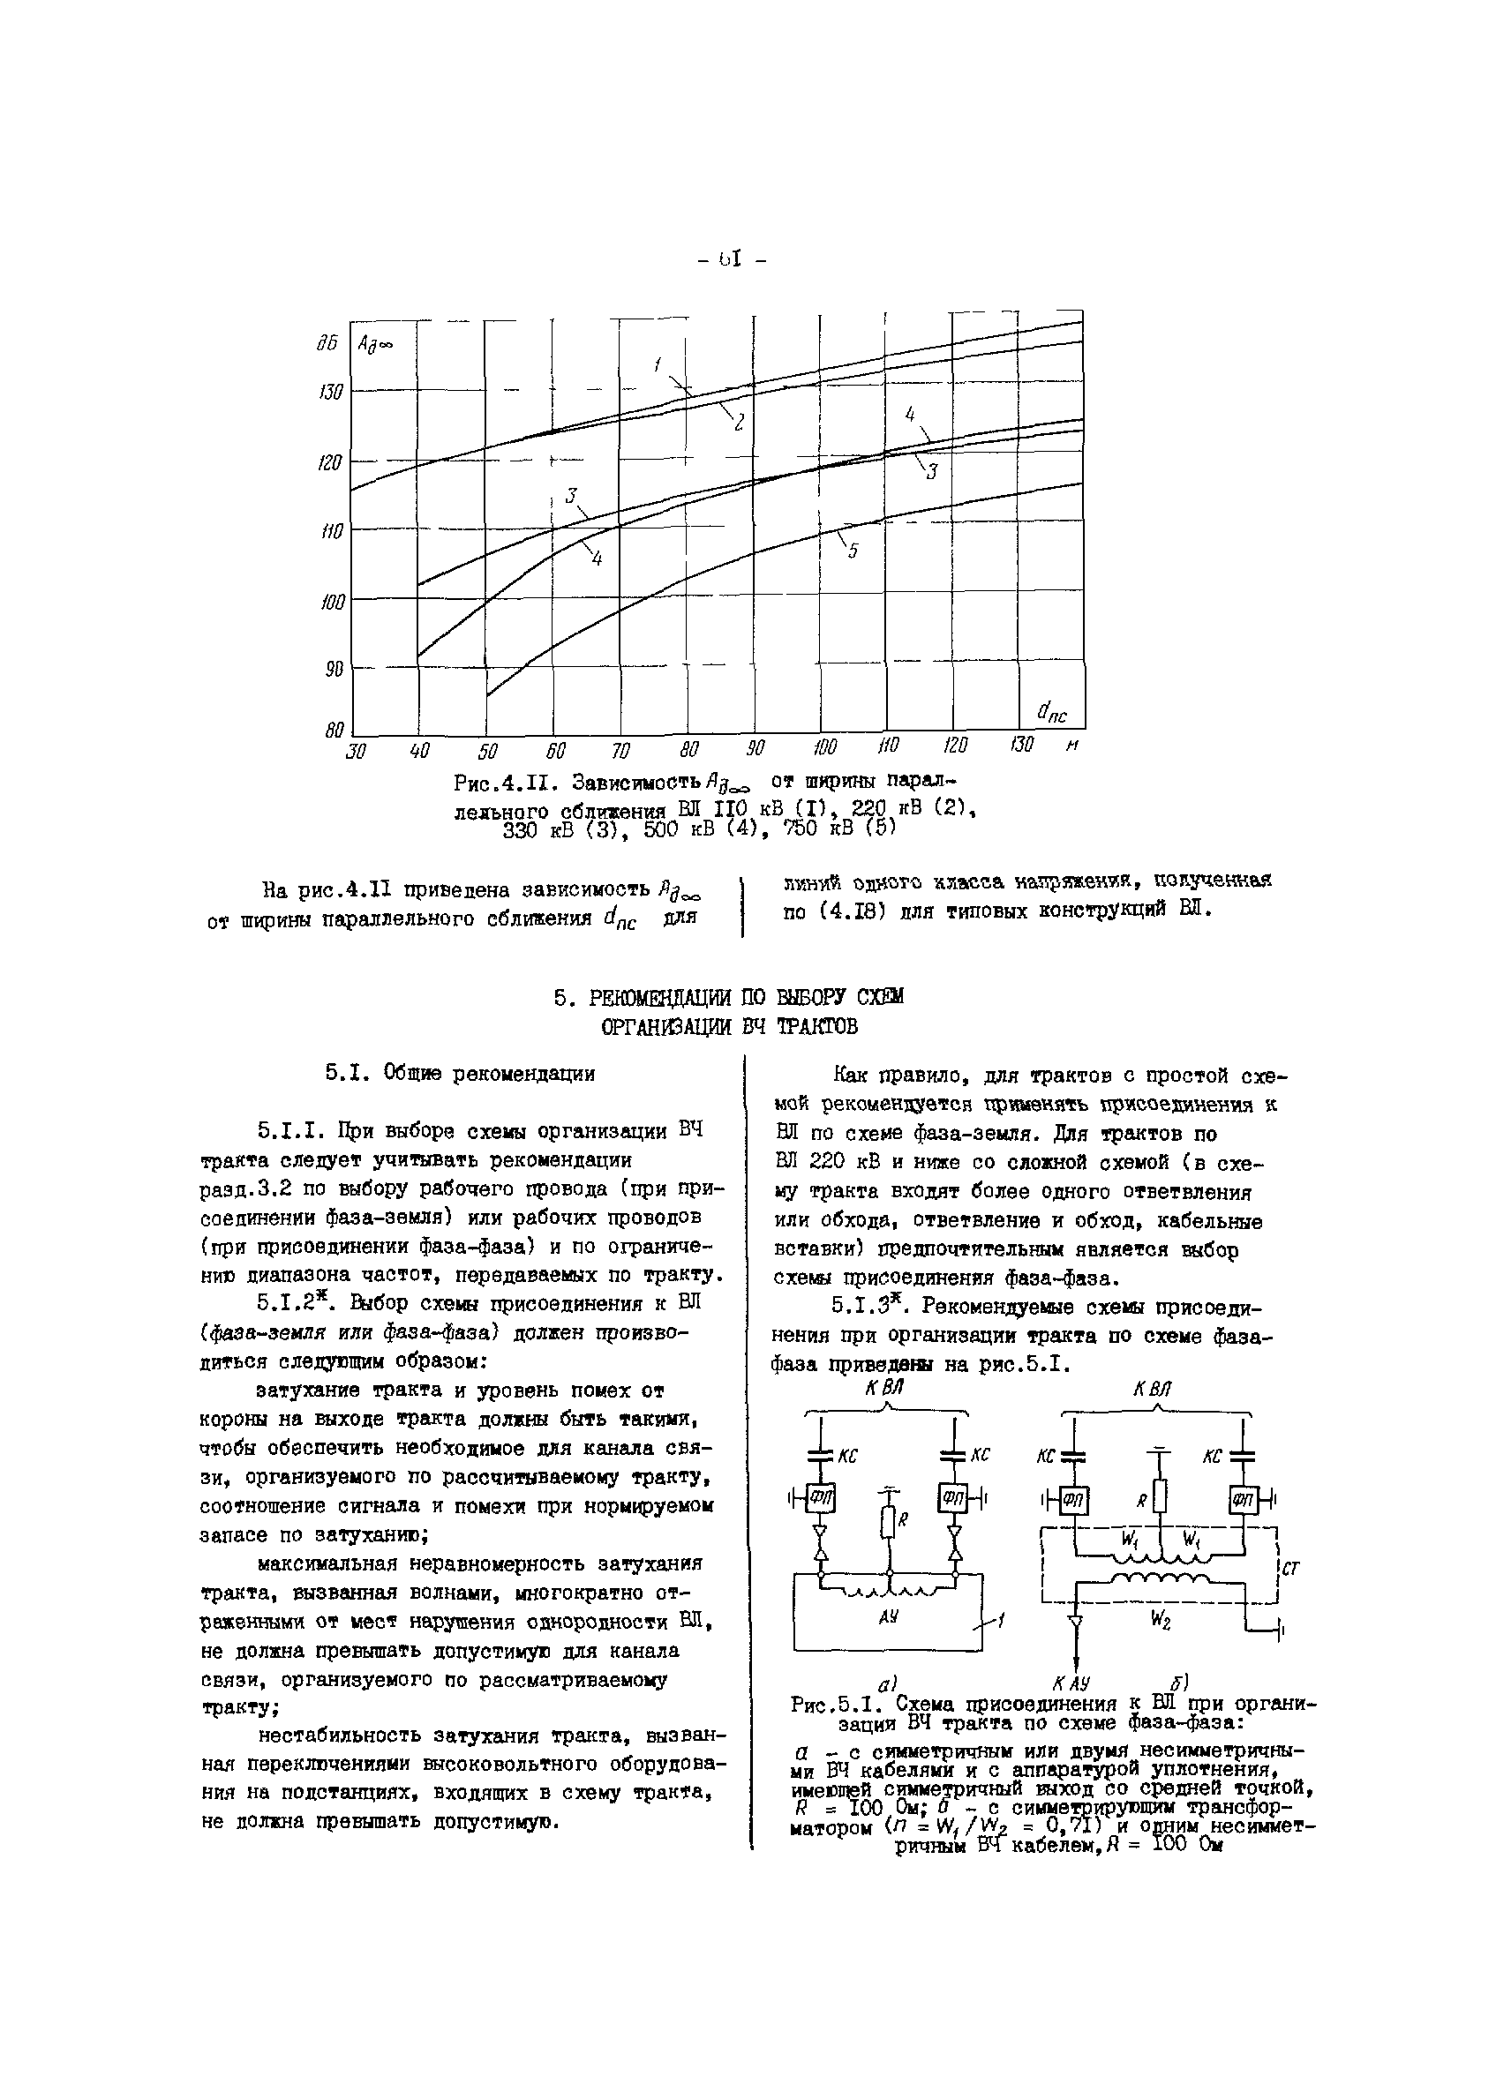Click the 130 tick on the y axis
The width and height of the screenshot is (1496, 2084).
click(x=331, y=393)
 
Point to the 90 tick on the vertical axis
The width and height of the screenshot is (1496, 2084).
click(x=334, y=670)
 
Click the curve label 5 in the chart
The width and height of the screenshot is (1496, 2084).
click(x=853, y=551)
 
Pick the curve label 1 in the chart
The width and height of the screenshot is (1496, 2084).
click(x=658, y=364)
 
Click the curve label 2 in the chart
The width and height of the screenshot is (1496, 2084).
click(x=738, y=424)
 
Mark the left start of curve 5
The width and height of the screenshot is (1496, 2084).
click(x=487, y=695)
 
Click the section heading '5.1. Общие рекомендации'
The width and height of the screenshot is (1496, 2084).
click(x=460, y=1073)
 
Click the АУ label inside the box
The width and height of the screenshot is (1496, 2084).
click(x=888, y=1615)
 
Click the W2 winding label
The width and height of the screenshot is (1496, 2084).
click(x=1161, y=1622)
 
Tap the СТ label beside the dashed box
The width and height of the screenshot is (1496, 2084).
click(x=1290, y=1569)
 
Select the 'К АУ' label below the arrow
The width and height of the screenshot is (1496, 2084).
click(x=1071, y=1683)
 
